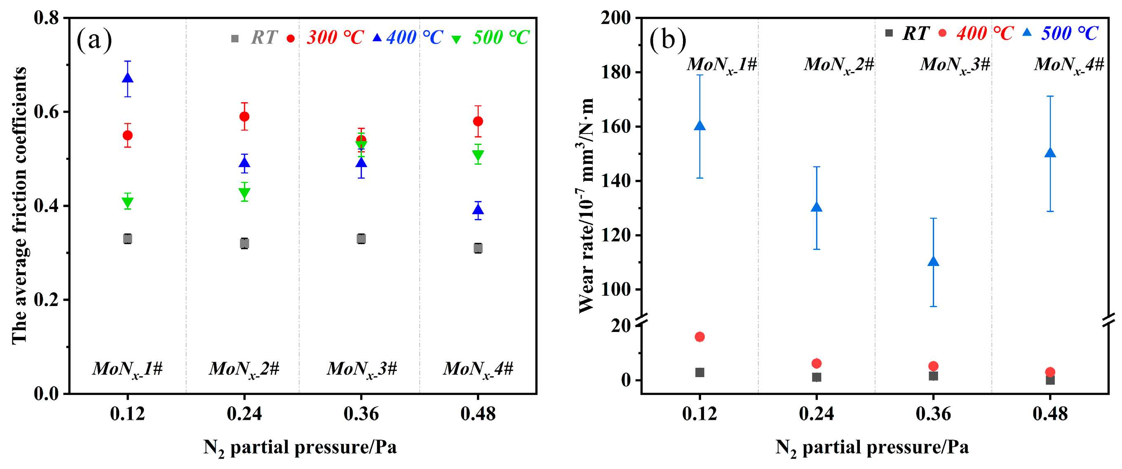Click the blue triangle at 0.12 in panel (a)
[x=128, y=78]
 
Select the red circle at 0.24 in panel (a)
[x=244, y=117]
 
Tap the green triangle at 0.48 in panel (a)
[x=478, y=155]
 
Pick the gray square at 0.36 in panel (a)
[x=361, y=238]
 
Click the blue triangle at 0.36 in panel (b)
[x=933, y=261]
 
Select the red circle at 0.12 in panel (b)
[x=699, y=337]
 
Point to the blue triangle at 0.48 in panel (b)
[x=1050, y=153]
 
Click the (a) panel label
[x=94, y=40]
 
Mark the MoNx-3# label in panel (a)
[x=362, y=369]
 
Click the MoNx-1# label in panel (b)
[x=722, y=65]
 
